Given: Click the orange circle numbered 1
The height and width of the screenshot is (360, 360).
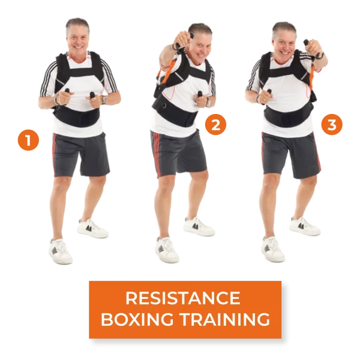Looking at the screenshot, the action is (28, 140).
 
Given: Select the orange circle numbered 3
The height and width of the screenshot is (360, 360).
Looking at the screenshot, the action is (332, 124).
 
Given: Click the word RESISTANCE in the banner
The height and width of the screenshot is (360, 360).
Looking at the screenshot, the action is (183, 298).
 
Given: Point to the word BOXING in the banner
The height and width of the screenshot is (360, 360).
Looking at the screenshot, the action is (137, 319).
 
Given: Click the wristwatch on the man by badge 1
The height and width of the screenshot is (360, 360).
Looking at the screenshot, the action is (104, 100).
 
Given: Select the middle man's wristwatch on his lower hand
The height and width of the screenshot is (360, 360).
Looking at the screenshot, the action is (208, 102).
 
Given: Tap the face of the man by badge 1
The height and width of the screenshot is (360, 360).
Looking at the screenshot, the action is (77, 40).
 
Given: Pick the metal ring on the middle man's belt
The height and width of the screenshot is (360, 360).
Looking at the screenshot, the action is (164, 106).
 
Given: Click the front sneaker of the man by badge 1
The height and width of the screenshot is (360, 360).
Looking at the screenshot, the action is (61, 251).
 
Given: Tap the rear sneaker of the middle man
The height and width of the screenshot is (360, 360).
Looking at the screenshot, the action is (199, 226).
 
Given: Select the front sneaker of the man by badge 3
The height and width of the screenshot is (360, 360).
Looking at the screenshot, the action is (273, 249).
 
